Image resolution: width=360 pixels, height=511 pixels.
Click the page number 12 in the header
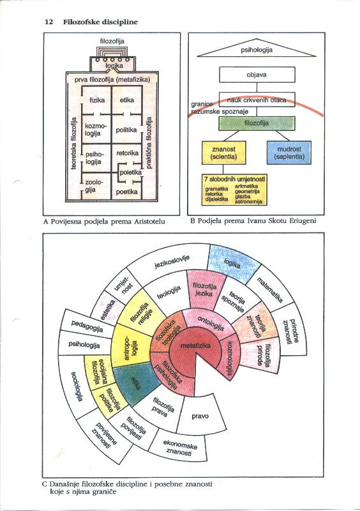[49, 22]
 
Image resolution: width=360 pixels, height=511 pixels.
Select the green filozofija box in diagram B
[257, 123]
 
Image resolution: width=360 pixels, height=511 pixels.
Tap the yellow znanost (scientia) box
[223, 153]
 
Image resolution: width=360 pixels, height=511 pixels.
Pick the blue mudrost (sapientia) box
[289, 153]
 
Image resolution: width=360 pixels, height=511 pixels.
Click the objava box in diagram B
[257, 75]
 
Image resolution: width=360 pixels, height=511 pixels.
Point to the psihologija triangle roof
[257, 49]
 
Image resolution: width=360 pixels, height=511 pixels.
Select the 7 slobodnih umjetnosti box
[234, 189]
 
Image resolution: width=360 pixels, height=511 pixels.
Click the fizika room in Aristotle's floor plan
[97, 100]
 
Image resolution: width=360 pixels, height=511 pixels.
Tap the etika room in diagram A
[127, 100]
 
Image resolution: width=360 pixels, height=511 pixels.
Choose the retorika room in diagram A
[128, 153]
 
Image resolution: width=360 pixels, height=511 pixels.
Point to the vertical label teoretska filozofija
[74, 143]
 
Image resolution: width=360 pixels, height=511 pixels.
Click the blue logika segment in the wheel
[233, 263]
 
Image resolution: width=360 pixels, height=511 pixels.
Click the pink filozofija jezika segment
[205, 290]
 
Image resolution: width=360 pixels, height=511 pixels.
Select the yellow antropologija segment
[130, 349]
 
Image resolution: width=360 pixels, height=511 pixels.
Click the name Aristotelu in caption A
[149, 222]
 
